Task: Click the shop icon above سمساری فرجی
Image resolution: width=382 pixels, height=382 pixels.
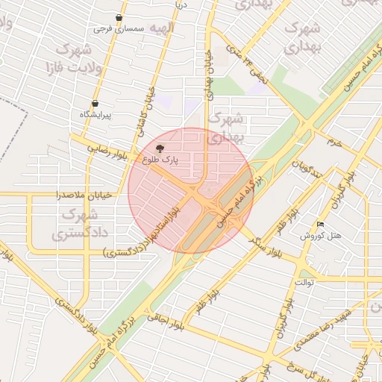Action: [119, 17]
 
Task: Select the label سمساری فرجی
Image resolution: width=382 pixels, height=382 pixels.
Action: [119, 29]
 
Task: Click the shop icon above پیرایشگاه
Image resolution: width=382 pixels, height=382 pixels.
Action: [95, 104]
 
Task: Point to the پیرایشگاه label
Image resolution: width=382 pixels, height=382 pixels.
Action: [95, 116]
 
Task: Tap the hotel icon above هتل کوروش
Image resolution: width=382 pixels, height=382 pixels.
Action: [321, 224]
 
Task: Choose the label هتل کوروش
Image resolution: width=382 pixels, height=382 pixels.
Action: [321, 236]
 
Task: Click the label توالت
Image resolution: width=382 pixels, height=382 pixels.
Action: [306, 283]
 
